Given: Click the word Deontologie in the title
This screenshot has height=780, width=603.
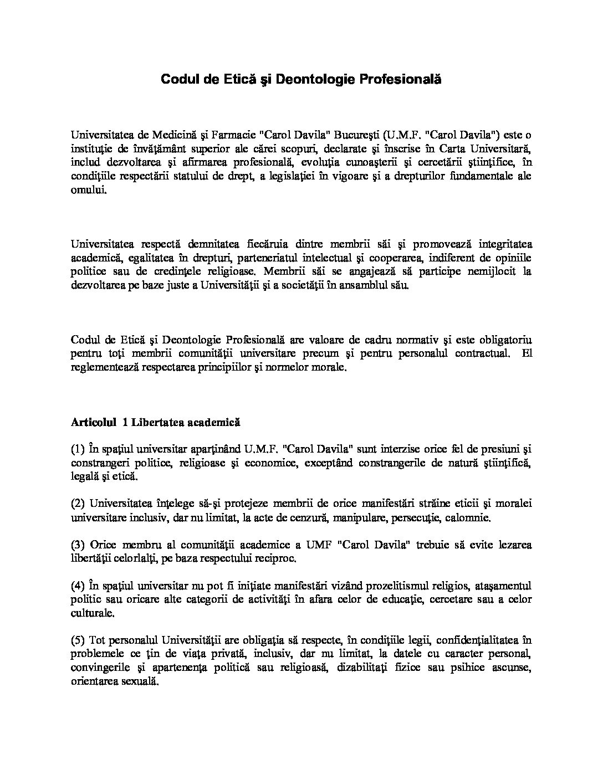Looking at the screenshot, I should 315,79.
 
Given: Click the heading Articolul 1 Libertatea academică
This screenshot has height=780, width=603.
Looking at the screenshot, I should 155,422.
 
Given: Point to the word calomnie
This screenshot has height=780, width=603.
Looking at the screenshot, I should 471,518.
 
